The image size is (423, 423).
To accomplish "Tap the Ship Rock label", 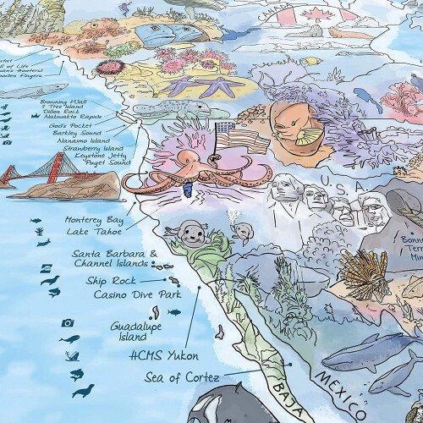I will (109, 281).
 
